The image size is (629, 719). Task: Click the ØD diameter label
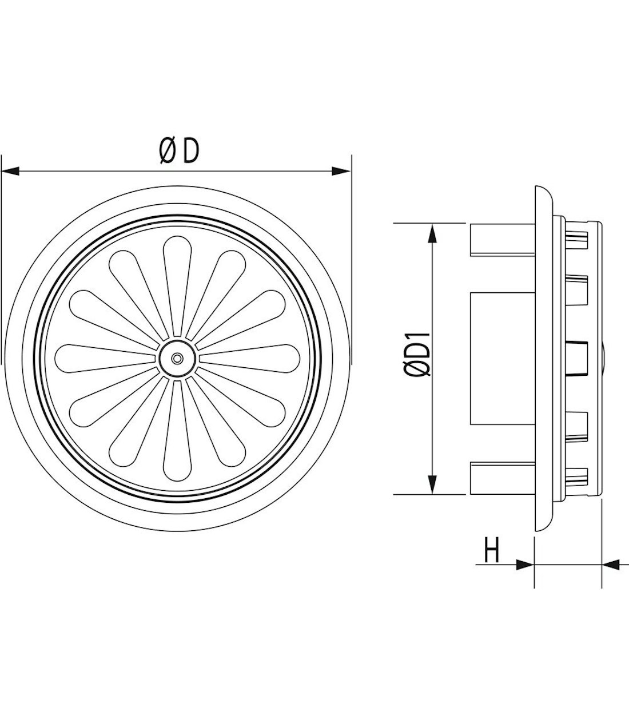tap(179, 151)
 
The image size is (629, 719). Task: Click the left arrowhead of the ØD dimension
tap(10, 172)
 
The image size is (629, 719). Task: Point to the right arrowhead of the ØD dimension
tap(342, 172)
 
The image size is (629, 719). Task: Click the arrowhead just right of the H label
tap(525, 574)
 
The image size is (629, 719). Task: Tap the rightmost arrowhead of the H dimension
tap(611, 575)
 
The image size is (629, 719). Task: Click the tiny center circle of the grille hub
tap(177, 359)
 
